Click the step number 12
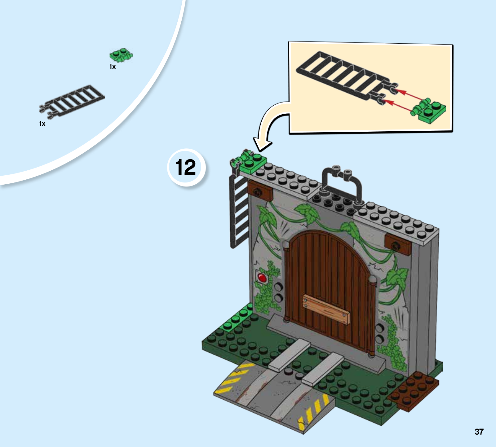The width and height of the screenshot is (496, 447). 186,167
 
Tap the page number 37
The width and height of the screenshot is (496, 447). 479,432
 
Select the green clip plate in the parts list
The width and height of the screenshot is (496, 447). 121,56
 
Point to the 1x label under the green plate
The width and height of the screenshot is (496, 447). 113,67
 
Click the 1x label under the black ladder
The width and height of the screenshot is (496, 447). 42,124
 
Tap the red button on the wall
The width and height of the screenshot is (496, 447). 262,277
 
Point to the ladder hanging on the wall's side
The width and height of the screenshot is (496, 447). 239,211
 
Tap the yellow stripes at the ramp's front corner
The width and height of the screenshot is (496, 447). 313,412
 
